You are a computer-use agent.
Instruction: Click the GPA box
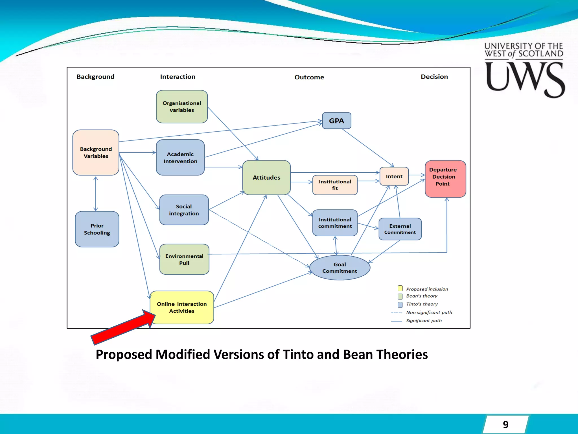336,121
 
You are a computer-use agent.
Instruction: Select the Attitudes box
266,177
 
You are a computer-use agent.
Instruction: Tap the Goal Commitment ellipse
340,268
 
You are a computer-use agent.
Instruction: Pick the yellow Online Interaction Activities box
182,307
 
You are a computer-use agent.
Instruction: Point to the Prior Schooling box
97,229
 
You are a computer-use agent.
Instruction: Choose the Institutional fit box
335,185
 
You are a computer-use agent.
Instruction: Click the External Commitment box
400,229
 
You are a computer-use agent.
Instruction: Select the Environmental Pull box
184,259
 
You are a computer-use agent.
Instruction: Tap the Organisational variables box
182,107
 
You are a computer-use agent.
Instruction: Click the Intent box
394,176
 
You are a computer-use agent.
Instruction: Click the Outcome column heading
309,77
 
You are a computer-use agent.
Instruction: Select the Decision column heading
434,77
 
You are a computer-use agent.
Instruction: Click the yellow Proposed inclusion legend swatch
400,288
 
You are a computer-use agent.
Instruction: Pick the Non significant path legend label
429,313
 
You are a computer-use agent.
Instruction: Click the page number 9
505,424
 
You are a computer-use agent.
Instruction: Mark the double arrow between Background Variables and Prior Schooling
96,194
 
